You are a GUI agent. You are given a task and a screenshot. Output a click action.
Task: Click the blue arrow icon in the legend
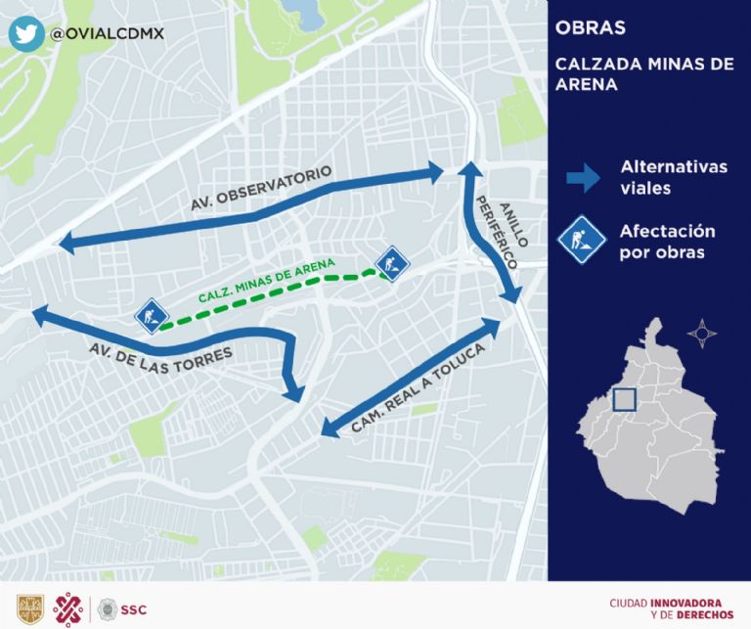(x=583, y=177)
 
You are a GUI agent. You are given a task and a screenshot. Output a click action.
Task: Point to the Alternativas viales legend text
(x=674, y=177)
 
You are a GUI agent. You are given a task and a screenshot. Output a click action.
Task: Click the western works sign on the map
(x=150, y=316)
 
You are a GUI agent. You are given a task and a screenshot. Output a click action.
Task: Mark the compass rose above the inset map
(x=701, y=333)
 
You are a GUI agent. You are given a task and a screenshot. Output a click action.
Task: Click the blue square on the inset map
(x=622, y=400)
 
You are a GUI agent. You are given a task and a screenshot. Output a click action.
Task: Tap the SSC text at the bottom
(x=134, y=607)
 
